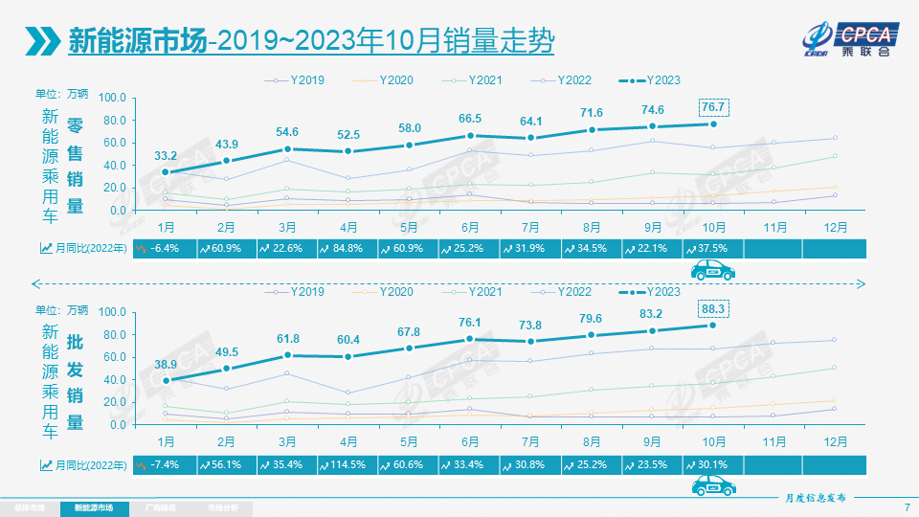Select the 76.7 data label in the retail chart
714,106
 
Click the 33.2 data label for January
166,155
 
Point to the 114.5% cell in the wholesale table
347,464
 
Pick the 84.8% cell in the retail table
347,249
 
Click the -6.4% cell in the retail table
166,249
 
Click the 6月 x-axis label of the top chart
470,227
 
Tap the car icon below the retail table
713,271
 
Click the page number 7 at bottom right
906,506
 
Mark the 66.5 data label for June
470,118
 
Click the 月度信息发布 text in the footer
810,499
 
